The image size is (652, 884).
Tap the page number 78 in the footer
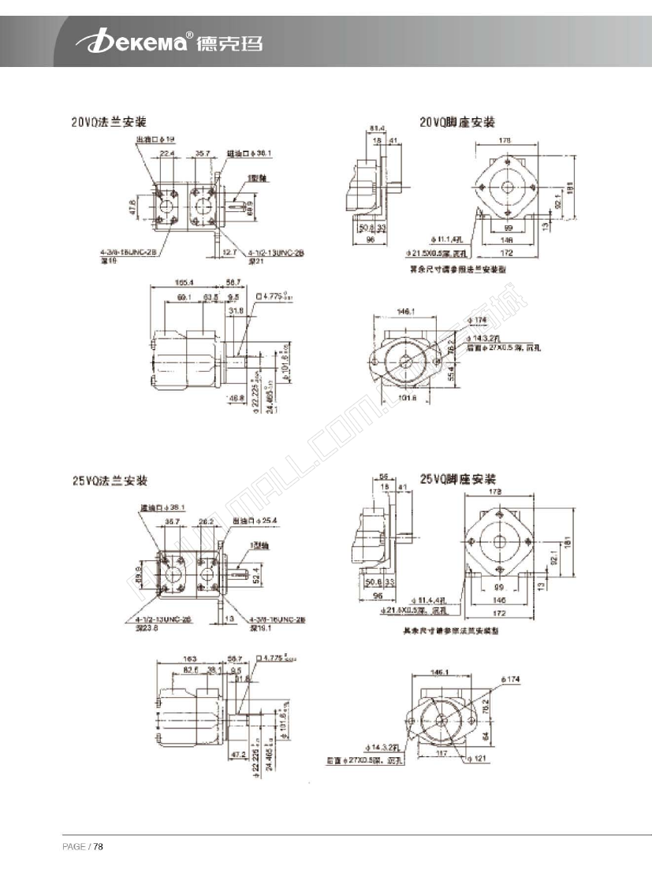(x=99, y=847)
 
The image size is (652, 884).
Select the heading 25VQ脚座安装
(x=457, y=478)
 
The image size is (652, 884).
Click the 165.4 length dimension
(x=184, y=281)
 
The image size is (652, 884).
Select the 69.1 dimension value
(x=184, y=297)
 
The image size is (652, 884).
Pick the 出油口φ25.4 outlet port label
(x=252, y=521)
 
